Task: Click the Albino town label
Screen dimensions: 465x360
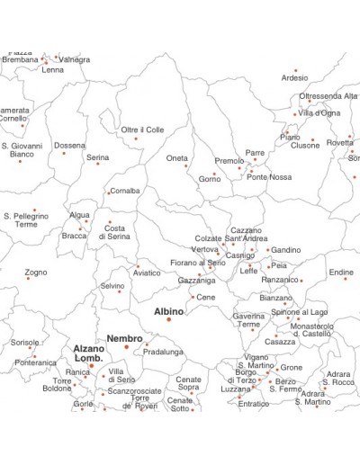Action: point(168,311)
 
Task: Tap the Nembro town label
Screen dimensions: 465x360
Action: point(124,338)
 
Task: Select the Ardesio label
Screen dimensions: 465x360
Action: point(294,78)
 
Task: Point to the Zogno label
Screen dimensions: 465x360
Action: point(36,272)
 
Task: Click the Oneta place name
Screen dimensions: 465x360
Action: point(177,158)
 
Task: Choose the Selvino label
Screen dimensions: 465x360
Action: point(112,286)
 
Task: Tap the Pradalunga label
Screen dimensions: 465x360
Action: point(162,352)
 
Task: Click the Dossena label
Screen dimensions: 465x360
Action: point(69,145)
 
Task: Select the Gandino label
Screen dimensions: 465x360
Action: point(286,249)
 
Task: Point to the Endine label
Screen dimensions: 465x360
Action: point(341,273)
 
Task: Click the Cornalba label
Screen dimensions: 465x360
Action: point(124,191)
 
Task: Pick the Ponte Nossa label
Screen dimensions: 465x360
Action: point(269,177)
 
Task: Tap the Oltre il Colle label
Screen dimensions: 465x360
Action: point(142,130)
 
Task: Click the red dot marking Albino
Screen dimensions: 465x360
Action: point(168,319)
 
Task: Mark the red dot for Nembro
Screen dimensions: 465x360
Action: point(126,346)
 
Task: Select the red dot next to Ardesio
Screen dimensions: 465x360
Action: point(295,70)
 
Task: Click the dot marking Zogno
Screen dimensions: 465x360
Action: point(28,278)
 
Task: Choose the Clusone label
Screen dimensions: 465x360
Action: point(304,145)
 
